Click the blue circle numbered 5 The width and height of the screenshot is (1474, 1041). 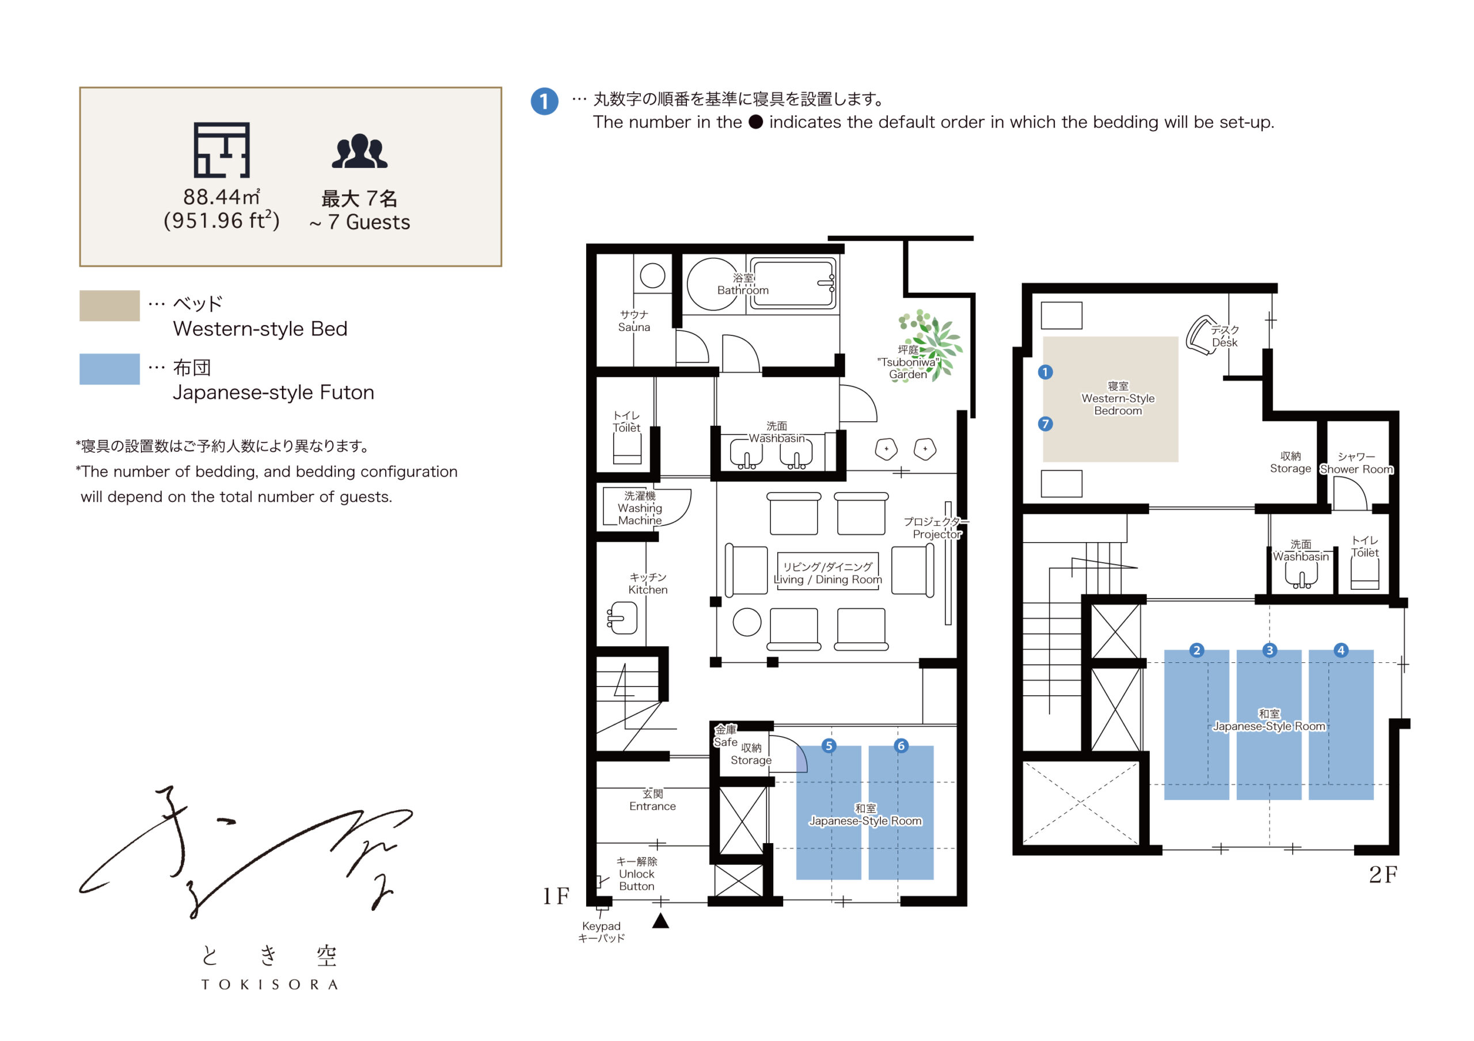tap(829, 746)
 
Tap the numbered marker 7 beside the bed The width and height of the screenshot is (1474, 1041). tap(1045, 424)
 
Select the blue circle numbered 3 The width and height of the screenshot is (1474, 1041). tap(1269, 650)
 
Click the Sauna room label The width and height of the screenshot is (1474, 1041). tap(635, 321)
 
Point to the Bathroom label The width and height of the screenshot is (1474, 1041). tap(743, 284)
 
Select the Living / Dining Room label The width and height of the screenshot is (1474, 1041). tap(827, 573)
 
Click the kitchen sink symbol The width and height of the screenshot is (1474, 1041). tap(621, 617)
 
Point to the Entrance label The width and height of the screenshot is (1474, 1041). tap(652, 800)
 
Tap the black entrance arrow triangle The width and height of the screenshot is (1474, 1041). tap(660, 921)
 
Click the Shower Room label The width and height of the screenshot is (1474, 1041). tap(1357, 463)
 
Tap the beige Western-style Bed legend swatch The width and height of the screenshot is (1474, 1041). tap(109, 306)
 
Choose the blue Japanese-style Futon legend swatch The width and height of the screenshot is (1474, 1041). tap(109, 369)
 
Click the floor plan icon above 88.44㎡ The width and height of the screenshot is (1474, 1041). tap(222, 150)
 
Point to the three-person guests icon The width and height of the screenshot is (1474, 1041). tap(359, 151)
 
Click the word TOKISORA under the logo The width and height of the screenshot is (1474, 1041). tap(269, 985)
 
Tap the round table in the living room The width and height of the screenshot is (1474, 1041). tap(747, 622)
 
